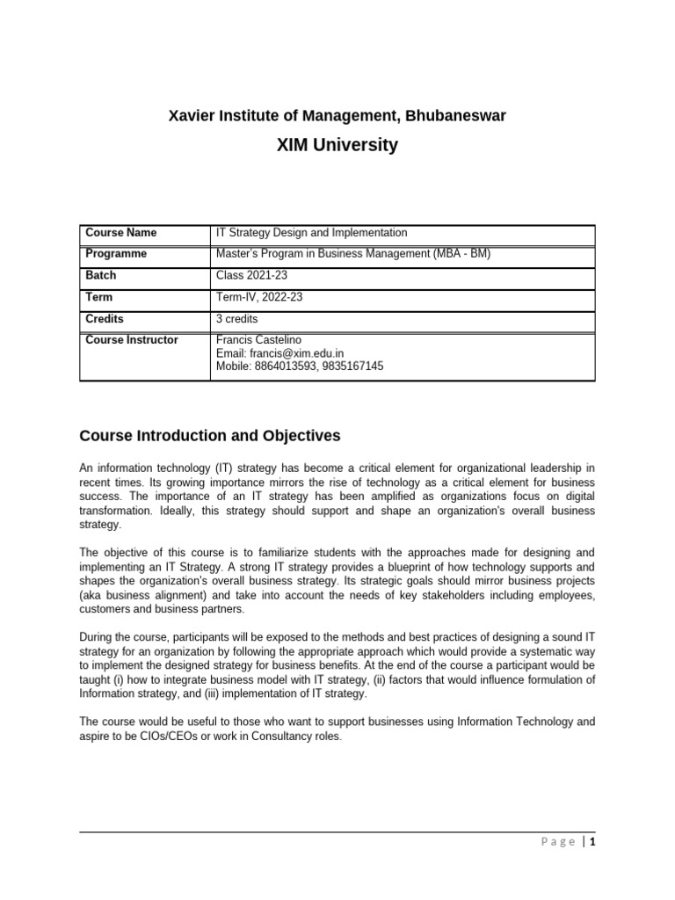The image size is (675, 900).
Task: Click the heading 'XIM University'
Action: coord(337,145)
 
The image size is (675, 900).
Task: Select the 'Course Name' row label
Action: coord(120,233)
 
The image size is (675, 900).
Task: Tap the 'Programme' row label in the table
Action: coord(116,254)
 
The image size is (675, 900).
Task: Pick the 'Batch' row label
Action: coord(101,276)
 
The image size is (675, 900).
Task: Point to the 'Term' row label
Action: coord(99,297)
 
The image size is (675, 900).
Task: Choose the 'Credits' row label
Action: coord(105,319)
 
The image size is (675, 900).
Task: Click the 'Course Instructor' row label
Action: coord(131,340)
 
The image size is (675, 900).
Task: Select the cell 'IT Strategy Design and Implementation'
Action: coord(311,233)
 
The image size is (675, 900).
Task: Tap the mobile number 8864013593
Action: coord(284,367)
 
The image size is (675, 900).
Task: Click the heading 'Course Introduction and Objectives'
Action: coord(209,436)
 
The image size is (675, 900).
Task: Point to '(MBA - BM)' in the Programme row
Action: coord(460,254)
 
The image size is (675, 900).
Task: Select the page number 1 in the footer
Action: coord(593,842)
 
